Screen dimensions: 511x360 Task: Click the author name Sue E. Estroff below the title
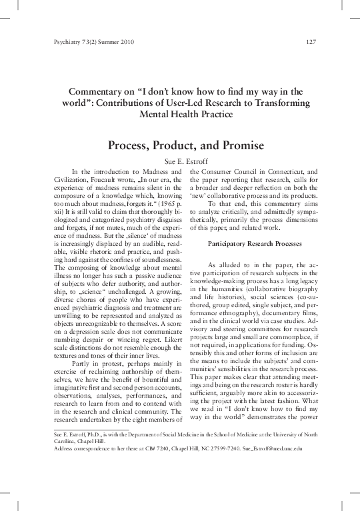[x=179, y=161]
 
